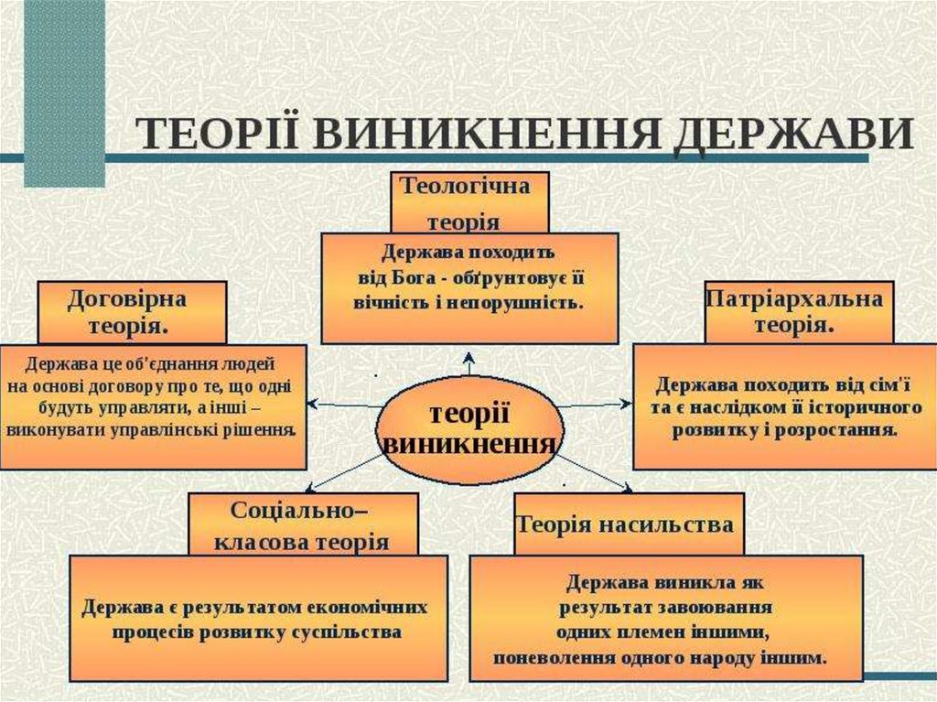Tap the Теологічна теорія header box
tap(469, 202)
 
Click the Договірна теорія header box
tap(132, 312)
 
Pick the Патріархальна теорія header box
tap(798, 312)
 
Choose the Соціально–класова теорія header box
tap(303, 524)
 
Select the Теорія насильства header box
tap(626, 524)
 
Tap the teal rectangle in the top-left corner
tap(63, 92)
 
